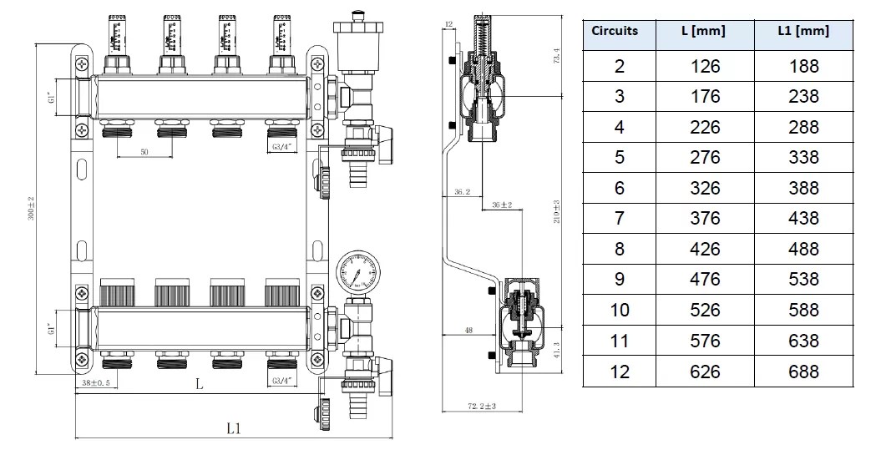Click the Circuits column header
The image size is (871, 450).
(615, 31)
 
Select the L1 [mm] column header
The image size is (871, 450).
(803, 31)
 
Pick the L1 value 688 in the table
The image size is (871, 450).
(803, 372)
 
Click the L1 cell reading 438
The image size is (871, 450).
(803, 218)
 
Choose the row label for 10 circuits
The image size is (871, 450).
(619, 310)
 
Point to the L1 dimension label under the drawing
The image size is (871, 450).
(235, 428)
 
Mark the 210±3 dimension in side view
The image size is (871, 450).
(555, 214)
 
